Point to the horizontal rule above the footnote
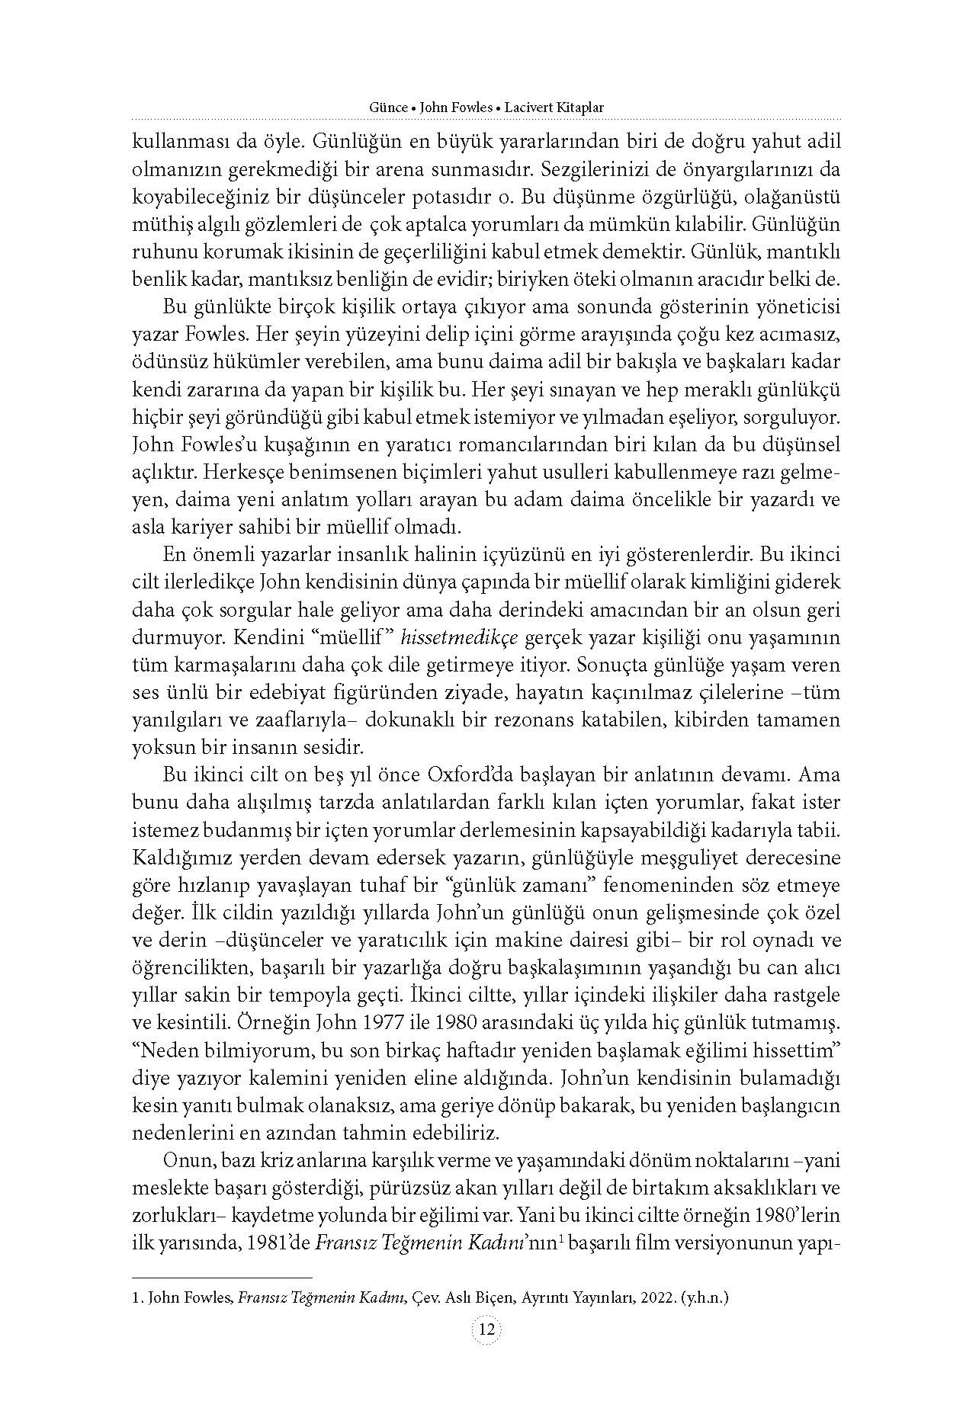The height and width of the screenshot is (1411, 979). [222, 1277]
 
